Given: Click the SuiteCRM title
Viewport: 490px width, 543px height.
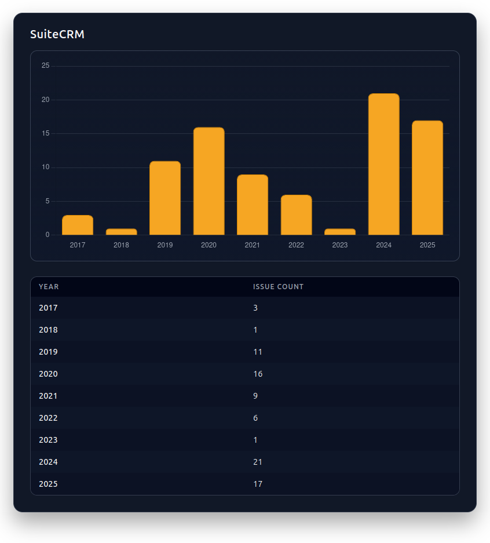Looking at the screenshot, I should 57,34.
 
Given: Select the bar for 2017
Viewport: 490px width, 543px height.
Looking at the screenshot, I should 78,225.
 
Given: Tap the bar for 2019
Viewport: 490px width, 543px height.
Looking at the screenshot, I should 165,198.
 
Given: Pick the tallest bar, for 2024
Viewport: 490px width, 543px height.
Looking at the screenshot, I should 383,165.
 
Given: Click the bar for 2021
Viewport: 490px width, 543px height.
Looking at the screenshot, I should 253,205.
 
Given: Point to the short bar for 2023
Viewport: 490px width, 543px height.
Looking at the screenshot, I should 340,232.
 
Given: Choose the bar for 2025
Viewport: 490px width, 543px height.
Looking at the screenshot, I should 427,178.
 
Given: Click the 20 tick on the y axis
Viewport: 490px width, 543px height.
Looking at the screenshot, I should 46,100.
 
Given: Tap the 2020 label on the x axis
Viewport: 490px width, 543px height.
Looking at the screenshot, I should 209,245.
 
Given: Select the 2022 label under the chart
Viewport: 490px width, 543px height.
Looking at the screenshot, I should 296,245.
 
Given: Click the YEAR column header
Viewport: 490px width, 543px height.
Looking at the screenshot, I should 49,287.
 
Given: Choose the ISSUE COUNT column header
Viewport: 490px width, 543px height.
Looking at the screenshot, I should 278,287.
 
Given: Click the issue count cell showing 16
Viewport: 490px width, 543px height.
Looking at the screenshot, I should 258,374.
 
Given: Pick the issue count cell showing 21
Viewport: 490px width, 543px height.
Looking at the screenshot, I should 258,462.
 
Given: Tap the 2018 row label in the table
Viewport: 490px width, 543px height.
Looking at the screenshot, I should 48,330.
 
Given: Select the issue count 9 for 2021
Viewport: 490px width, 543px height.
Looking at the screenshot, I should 255,396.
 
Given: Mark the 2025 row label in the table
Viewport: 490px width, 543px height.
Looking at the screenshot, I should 48,484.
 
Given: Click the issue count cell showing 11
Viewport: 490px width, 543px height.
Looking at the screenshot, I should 258,352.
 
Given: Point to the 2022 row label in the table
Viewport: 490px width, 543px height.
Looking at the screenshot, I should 48,418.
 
